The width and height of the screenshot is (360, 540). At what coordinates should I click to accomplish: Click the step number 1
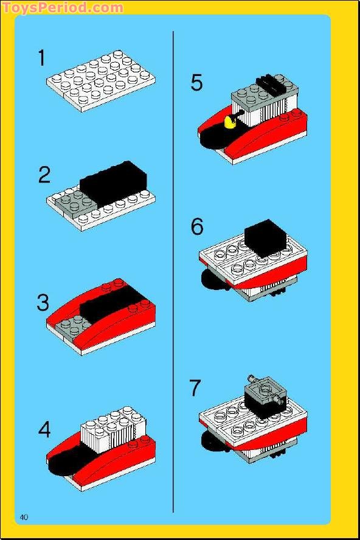pos(41,58)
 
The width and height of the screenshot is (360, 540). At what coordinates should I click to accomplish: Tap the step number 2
pos(44,175)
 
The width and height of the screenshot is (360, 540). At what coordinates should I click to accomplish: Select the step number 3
pos(43,302)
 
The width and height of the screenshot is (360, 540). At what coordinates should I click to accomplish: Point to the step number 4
pos(44,430)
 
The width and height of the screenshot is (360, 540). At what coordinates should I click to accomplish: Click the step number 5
pos(196,83)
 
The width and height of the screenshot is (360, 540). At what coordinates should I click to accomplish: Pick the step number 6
pos(196,227)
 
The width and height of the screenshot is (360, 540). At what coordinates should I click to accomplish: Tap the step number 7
pos(195,387)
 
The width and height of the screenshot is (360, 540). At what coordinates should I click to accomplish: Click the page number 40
pos(24,517)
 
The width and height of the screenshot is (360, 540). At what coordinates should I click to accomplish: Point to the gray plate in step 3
pos(69,327)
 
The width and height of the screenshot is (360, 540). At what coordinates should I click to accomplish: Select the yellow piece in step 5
pos(230,123)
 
